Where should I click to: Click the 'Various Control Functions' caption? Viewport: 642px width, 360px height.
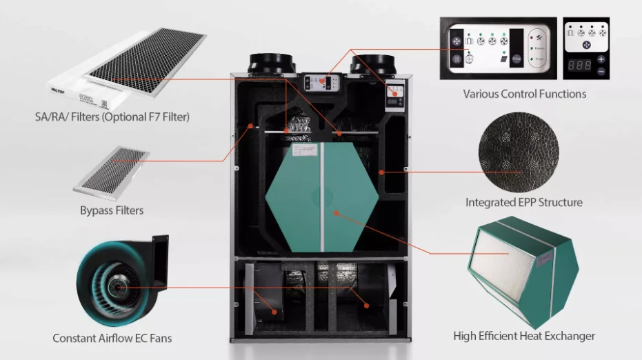524,94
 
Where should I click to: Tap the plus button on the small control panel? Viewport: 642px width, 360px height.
601,59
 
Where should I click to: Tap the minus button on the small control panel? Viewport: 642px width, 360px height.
601,71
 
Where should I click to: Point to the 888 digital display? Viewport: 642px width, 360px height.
579,66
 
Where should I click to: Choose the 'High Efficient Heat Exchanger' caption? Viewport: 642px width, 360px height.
524,336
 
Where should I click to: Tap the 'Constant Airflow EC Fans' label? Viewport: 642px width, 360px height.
112,339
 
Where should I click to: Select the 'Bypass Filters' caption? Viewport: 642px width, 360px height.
112,210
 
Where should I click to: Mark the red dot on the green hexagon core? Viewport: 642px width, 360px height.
336,213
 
